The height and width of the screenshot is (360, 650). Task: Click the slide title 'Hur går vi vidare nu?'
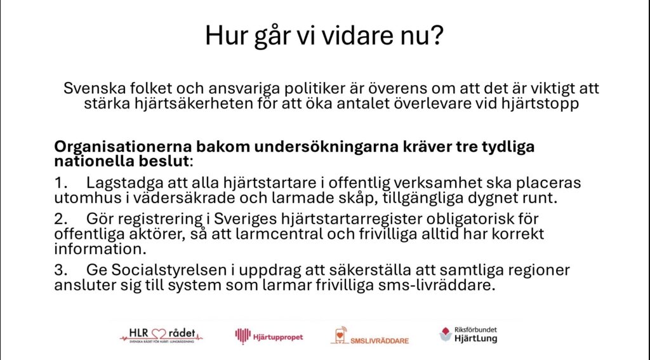point(324,36)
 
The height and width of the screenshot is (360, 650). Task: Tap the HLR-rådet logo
point(161,335)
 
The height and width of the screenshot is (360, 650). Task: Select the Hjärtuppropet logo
point(269,337)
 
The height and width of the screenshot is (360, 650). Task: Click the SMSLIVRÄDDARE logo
point(370,335)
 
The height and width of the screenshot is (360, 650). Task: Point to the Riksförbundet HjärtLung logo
point(468,334)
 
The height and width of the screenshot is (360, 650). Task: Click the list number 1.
point(60,183)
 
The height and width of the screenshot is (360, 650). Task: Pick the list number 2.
point(60,219)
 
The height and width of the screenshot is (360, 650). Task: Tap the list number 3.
point(60,270)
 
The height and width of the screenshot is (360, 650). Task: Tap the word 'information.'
point(100,250)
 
